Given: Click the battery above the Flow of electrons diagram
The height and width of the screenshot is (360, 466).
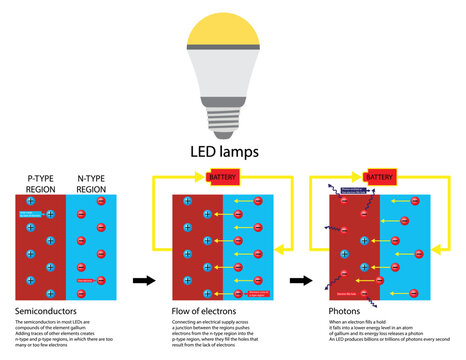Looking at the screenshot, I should coord(223,177).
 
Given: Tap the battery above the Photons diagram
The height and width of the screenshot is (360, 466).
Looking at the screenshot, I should coord(379,177).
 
